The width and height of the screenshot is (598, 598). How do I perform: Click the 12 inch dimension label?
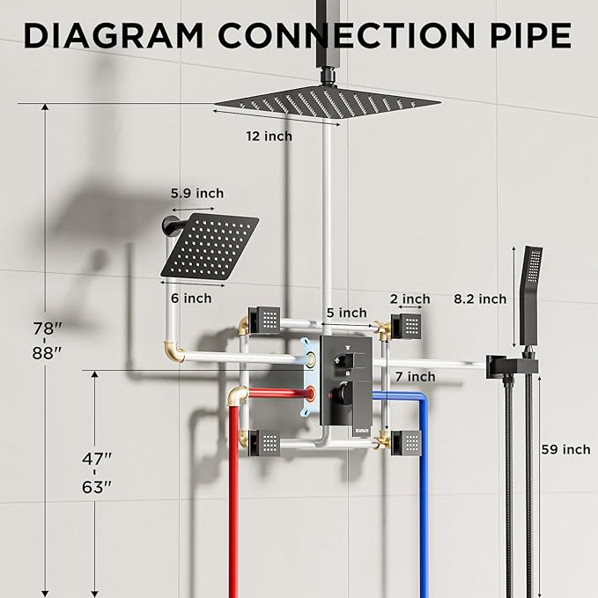pos(269,137)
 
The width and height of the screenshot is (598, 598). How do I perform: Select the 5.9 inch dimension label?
pos(197,193)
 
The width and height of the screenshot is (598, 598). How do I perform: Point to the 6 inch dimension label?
pos(191,299)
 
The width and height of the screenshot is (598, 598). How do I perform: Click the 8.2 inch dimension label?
pos(480,299)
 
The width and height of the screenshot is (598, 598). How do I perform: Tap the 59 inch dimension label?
pos(565,449)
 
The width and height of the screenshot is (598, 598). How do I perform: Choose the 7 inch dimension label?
pos(416,376)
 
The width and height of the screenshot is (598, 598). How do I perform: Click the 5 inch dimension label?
pos(346,312)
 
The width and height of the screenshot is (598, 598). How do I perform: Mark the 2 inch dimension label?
pos(410,299)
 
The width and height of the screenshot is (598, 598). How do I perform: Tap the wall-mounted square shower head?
pos(211,247)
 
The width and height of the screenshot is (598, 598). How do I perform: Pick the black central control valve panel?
pos(344,383)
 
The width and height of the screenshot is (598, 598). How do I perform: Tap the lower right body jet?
pos(408,440)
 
